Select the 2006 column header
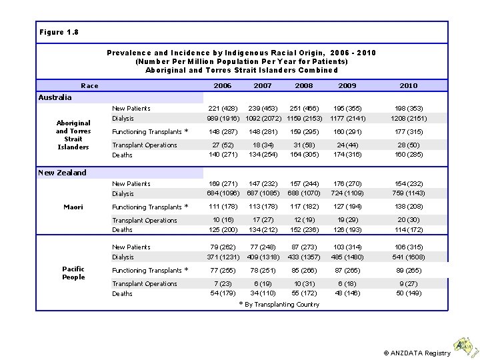[x=222, y=86]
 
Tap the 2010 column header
[x=408, y=86]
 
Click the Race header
[x=89, y=86]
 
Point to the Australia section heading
[x=55, y=97]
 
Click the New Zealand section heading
[x=63, y=173]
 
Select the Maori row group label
[x=73, y=207]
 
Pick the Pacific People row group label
[x=73, y=273]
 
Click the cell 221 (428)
[x=222, y=109]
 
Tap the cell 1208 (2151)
[x=408, y=119]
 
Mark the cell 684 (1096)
[x=222, y=194]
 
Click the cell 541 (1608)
[x=408, y=257]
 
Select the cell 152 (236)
[x=304, y=231]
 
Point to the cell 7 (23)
[x=222, y=284]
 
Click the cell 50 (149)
[x=408, y=294]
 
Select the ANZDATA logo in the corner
[x=465, y=345]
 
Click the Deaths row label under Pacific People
[x=122, y=294]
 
